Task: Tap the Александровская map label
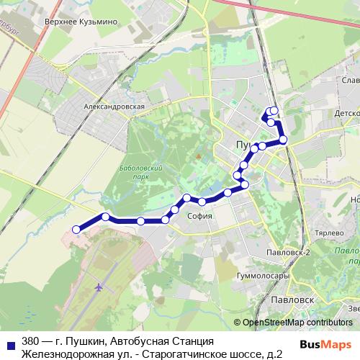tap(114, 106)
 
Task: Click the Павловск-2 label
tap(287, 252)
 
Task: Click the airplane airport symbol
tap(98, 288)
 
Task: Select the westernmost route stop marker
tap(76, 230)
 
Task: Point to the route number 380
tap(31, 341)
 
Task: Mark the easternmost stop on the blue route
tap(283, 140)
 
